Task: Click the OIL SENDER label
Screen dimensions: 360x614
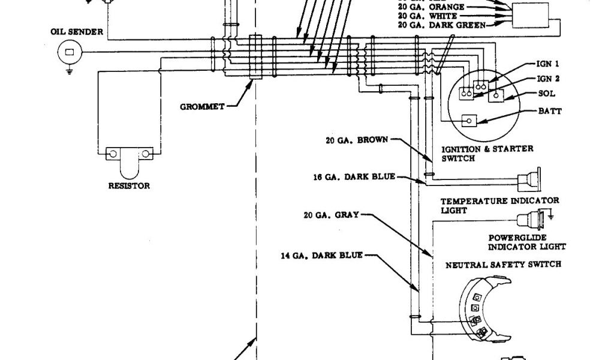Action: point(77,31)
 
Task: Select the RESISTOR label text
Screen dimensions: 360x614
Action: point(128,186)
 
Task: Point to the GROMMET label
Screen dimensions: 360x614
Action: point(202,107)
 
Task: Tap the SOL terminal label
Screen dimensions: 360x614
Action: point(547,94)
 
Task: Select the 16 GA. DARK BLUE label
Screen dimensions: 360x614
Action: point(354,177)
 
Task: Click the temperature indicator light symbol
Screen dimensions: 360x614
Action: point(530,179)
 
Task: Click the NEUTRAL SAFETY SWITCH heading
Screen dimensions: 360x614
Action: point(503,264)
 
